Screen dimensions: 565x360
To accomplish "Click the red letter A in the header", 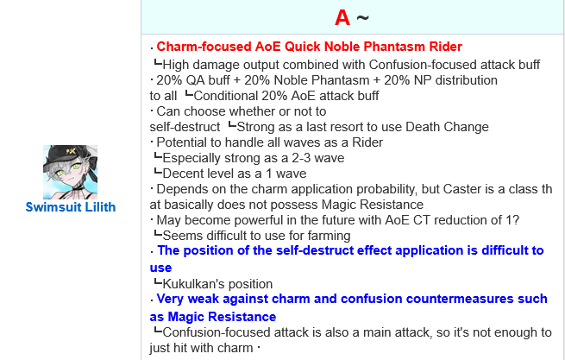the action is (x=342, y=17).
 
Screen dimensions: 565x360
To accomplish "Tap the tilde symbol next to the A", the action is (x=363, y=17).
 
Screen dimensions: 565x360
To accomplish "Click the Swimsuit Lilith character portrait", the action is (x=70, y=172).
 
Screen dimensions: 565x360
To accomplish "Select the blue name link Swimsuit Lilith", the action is (x=71, y=207).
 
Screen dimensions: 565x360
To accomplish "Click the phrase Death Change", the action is (x=447, y=127).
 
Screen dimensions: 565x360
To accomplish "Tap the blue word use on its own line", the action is (x=160, y=268).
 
